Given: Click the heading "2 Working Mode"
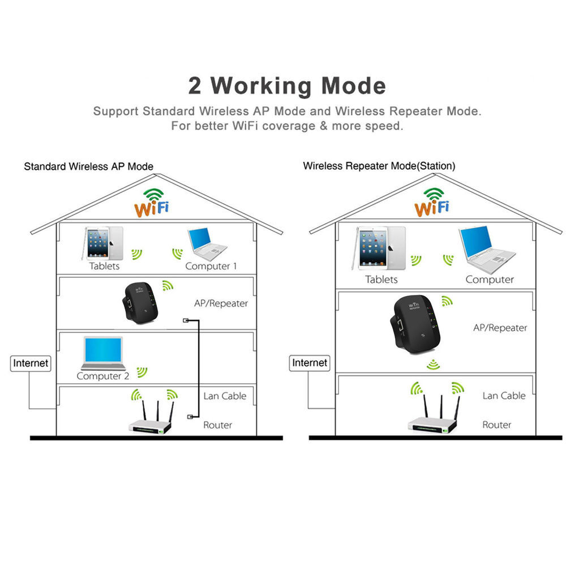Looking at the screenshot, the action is [x=287, y=86].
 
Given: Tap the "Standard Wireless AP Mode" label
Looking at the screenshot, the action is [x=88, y=166].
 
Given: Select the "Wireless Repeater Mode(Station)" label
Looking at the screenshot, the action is [x=379, y=166].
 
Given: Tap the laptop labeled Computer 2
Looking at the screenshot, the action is [x=103, y=354].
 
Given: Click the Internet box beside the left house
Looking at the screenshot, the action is [x=31, y=363].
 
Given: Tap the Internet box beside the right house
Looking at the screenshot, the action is [x=310, y=362].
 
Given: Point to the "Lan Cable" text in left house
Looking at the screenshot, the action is [x=225, y=396].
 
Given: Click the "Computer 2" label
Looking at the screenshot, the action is [x=103, y=376].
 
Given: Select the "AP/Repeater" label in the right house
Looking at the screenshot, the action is [x=500, y=328].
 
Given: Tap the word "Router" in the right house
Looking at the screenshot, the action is [x=497, y=424].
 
